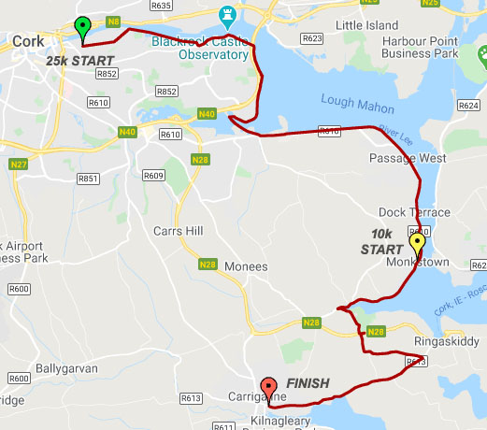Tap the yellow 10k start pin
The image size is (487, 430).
point(417,244)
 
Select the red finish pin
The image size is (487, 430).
point(268,386)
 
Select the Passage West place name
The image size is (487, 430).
point(408,159)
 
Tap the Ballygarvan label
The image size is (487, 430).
point(66,368)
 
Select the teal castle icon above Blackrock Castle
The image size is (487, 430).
point(224,15)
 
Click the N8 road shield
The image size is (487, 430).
point(113,21)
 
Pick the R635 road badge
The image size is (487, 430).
point(161,6)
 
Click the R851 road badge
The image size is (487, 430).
point(89,178)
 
